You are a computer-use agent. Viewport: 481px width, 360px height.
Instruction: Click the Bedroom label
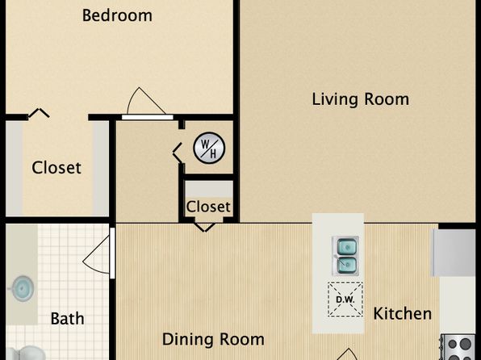click(x=117, y=15)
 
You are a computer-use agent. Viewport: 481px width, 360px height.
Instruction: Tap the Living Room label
click(x=361, y=99)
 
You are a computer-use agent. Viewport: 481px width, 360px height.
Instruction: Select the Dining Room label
click(x=213, y=339)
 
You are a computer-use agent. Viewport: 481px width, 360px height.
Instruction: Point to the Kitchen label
click(x=403, y=313)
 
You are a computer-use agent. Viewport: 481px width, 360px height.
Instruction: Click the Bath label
click(x=67, y=318)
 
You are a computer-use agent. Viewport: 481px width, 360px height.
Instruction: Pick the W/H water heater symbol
click(x=209, y=148)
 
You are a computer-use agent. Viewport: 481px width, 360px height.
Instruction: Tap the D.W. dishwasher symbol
click(x=345, y=299)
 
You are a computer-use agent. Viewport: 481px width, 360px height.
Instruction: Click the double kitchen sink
click(x=346, y=256)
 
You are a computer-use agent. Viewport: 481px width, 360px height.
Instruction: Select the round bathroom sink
click(x=22, y=288)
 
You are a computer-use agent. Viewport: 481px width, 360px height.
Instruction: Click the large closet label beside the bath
click(x=56, y=168)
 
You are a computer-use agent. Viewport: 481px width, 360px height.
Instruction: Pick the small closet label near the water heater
click(x=208, y=207)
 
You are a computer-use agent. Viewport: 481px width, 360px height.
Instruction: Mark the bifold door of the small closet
click(x=205, y=228)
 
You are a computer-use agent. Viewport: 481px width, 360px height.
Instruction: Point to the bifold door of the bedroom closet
click(x=39, y=113)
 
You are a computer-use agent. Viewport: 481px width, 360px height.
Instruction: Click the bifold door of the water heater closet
click(x=178, y=153)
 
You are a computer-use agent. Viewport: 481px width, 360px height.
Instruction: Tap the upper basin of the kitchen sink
click(x=347, y=246)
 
